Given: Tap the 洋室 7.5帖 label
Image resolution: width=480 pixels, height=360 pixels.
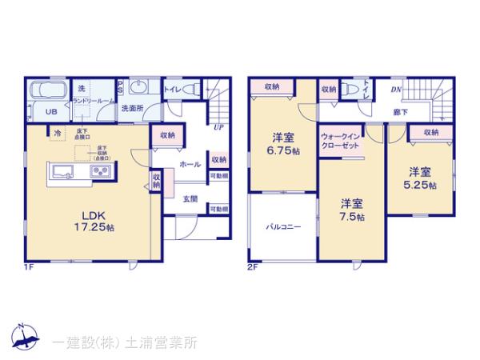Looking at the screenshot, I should pos(351,210).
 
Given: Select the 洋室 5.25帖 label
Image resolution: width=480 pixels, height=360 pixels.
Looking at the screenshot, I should pos(419,178).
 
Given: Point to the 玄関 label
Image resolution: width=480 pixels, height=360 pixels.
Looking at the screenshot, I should pos(190,199).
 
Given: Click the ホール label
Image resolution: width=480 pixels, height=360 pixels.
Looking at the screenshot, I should pos(190,163).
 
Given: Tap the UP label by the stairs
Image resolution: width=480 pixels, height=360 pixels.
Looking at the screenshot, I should pos(218,126).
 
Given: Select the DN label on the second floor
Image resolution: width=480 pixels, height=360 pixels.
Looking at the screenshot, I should pos(395,90).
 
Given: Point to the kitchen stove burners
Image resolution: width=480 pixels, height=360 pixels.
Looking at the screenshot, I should pos(102,170).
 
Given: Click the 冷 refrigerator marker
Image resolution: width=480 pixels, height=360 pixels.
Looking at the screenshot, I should pos(57,133).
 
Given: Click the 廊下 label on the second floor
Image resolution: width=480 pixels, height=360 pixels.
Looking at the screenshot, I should pos(398,114).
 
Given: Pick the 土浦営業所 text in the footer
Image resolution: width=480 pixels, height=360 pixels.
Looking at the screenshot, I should pos(159,342).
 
